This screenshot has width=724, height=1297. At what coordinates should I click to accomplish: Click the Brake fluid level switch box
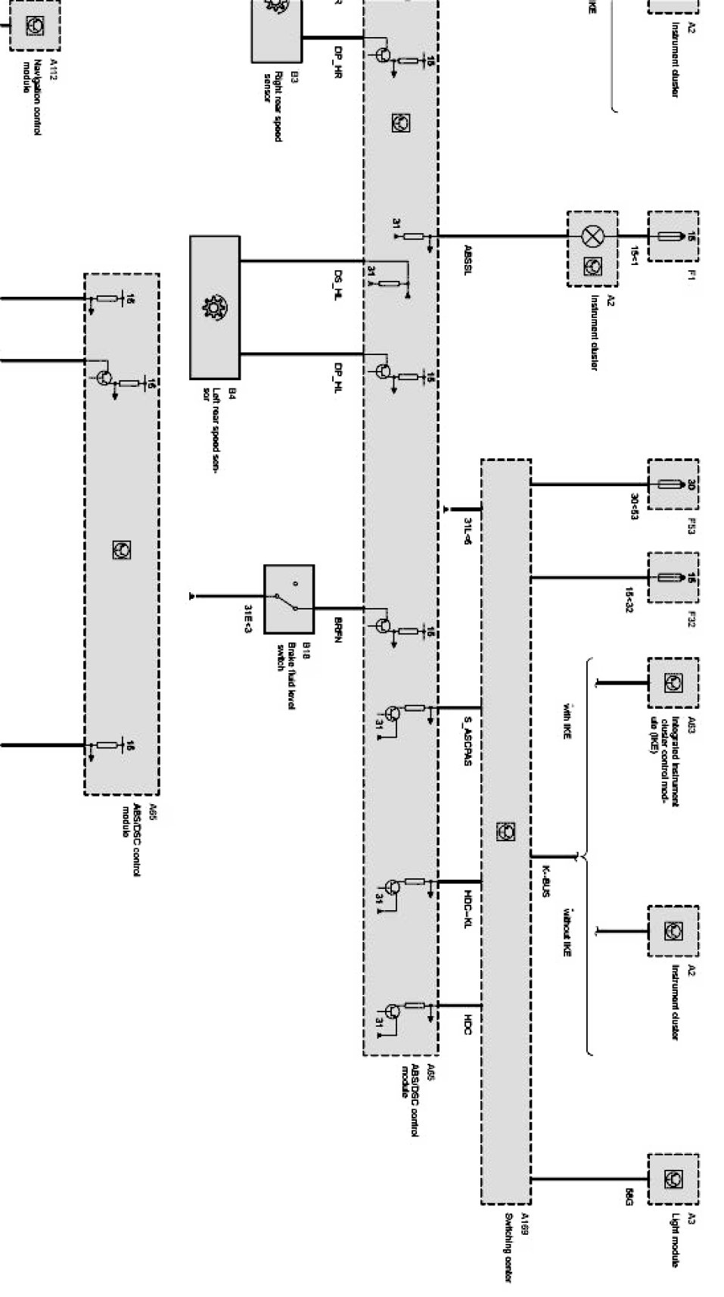tap(289, 599)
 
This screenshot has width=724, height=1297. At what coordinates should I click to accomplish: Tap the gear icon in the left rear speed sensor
tap(215, 307)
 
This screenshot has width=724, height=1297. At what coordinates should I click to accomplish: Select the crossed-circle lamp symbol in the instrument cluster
tap(591, 236)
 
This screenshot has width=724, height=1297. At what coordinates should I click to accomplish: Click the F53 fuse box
tap(673, 485)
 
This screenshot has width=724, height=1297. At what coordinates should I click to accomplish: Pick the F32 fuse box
tap(673, 578)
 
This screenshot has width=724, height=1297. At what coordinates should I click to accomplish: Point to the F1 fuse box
tap(673, 237)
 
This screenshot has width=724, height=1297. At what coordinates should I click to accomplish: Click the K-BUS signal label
tap(545, 881)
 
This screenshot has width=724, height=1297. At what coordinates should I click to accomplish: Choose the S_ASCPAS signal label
tap(468, 741)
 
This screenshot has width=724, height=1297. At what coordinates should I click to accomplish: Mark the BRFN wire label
tap(338, 630)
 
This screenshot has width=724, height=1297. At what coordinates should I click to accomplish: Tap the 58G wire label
tap(628, 1197)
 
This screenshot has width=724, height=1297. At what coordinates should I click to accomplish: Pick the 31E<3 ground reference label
tap(247, 618)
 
